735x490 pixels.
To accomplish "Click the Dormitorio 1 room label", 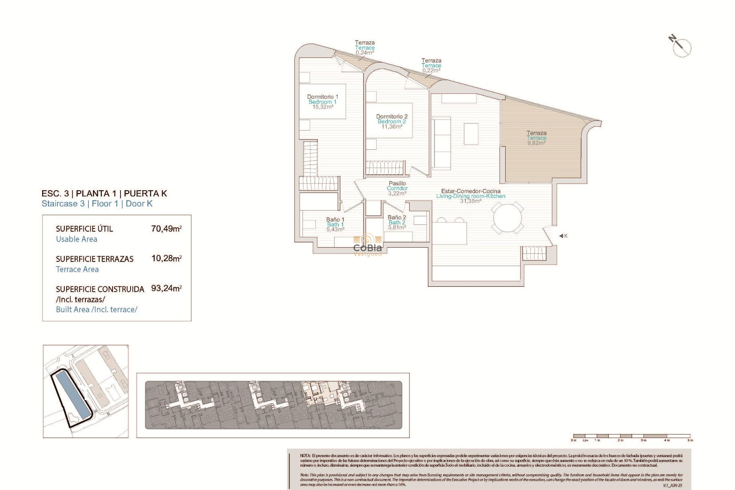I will point(322,97).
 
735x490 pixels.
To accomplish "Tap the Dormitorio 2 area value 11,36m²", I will point(392,127).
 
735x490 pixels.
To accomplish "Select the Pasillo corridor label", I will point(397,183).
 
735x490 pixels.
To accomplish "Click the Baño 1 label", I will point(335,219).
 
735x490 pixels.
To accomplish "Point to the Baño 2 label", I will point(397,217).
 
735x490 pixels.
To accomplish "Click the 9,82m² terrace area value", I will point(536,143).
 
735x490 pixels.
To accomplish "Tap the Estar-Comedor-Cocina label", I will point(470,191).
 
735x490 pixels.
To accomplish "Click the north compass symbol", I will point(681,47).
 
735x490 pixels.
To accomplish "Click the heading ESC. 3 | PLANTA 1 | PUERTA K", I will point(104,193).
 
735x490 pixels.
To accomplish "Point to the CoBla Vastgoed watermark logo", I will point(367,245).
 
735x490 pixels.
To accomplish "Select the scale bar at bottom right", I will point(632,436).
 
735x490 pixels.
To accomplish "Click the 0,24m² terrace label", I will point(364,53).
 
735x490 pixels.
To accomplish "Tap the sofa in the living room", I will point(442,144).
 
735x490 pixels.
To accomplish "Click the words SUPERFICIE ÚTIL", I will point(84,229).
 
